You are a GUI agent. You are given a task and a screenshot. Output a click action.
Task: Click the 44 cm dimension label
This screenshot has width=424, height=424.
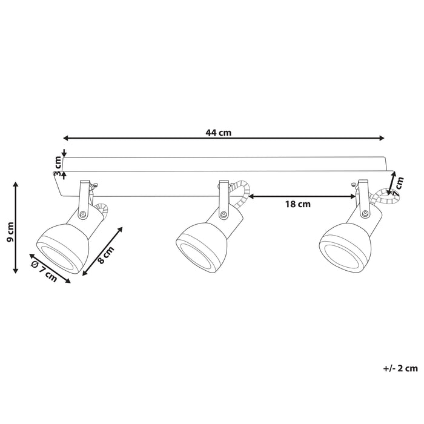coord(219,133)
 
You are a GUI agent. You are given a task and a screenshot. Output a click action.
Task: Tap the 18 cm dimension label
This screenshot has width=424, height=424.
coord(298,204)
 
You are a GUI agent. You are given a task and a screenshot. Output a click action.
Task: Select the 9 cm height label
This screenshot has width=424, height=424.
coord(10,232)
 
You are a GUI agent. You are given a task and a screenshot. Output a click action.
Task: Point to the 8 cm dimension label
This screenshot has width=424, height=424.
coord(106,255)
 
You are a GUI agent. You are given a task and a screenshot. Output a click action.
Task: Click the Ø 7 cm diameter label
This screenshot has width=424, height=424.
coord(44,271)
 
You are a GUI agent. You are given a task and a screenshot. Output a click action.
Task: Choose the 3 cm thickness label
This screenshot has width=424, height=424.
coord(58,166)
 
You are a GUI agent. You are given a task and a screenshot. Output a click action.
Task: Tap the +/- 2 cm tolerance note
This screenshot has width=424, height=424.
coord(400,368)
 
